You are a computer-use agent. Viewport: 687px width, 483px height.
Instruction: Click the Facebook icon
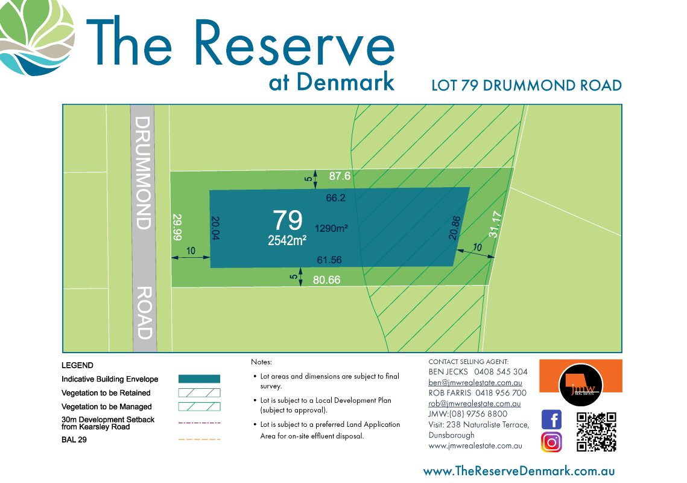click(551, 419)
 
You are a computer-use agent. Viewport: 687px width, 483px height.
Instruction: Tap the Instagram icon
click(551, 442)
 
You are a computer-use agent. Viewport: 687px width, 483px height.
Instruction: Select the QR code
click(597, 432)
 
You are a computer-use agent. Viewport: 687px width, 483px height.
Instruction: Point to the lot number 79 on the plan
click(288, 220)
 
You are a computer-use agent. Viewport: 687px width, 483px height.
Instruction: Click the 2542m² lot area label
click(288, 240)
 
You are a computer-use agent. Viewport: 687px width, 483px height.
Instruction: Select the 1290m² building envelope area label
click(332, 228)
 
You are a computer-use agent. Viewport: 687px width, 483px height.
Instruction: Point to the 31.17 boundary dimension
click(495, 224)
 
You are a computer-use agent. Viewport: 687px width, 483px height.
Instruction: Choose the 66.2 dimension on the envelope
click(335, 197)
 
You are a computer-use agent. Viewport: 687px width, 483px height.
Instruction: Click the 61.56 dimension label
click(329, 260)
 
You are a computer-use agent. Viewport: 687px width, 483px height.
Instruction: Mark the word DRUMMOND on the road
click(142, 173)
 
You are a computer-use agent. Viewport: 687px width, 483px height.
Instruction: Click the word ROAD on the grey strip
click(144, 312)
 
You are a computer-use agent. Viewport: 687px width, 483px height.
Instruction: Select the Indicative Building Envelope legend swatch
click(199, 379)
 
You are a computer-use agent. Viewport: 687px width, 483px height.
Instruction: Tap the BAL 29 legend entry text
click(74, 440)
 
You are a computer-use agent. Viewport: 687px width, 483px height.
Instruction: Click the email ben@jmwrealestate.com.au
click(475, 383)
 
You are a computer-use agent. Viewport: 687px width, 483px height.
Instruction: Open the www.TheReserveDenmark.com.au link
click(519, 471)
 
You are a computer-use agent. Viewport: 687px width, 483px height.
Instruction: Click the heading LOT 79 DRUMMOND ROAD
click(527, 85)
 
